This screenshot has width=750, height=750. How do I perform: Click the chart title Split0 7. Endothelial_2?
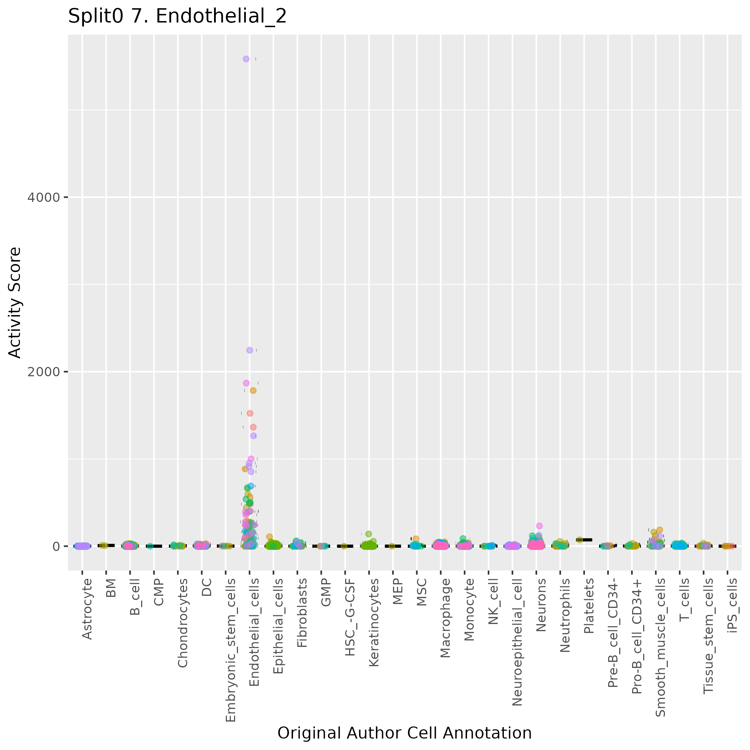coord(178,17)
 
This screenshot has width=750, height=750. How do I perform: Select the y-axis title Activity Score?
coord(15,302)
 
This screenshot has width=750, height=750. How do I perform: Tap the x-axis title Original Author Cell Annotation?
coord(404,733)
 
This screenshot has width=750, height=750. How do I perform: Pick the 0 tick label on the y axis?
coord(56,546)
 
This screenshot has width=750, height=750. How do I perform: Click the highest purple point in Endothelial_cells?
coord(246,59)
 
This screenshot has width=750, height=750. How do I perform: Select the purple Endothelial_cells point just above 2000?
coord(250,350)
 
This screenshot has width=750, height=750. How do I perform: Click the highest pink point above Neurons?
coord(539,526)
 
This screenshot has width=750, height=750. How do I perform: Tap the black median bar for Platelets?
coord(584,540)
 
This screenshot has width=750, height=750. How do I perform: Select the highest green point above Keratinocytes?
coord(368,534)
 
